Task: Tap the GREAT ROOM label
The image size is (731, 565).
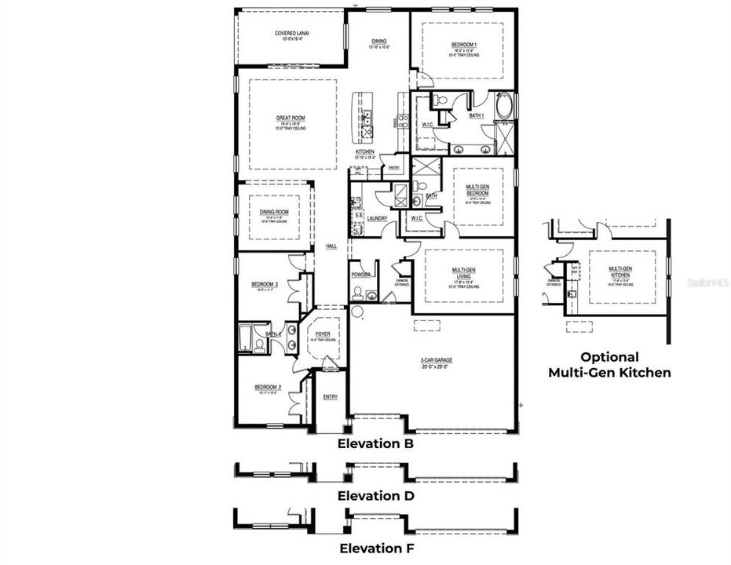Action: pyautogui.click(x=290, y=118)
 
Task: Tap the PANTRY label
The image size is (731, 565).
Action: pyautogui.click(x=394, y=167)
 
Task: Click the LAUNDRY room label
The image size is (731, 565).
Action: pyautogui.click(x=378, y=219)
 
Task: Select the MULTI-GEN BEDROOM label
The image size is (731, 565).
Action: pyautogui.click(x=477, y=189)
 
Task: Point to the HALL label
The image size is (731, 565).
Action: pyautogui.click(x=331, y=246)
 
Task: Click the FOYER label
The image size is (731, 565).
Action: pyautogui.click(x=323, y=334)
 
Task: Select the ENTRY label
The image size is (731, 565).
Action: pyautogui.click(x=331, y=397)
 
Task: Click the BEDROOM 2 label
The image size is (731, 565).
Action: pyautogui.click(x=266, y=388)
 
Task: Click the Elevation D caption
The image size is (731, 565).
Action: pyautogui.click(x=375, y=496)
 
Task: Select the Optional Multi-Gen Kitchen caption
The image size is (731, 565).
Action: pyautogui.click(x=609, y=365)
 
